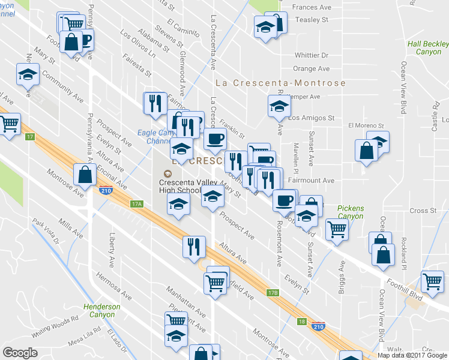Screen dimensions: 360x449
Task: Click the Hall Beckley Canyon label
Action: (427, 48)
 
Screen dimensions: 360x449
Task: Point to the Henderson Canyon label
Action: (102, 310)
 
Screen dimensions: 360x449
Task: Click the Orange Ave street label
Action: (312, 69)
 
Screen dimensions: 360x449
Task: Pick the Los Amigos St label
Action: (311, 118)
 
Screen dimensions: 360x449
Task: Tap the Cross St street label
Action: (423, 211)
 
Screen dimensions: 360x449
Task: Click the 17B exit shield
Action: (273, 293)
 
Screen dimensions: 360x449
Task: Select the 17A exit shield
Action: (137, 204)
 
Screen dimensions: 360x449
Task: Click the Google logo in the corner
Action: (20, 352)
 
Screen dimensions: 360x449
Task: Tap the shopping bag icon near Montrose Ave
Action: (85, 175)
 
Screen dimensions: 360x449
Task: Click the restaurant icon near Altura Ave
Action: (194, 246)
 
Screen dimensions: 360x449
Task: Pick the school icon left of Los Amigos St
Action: (279, 107)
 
